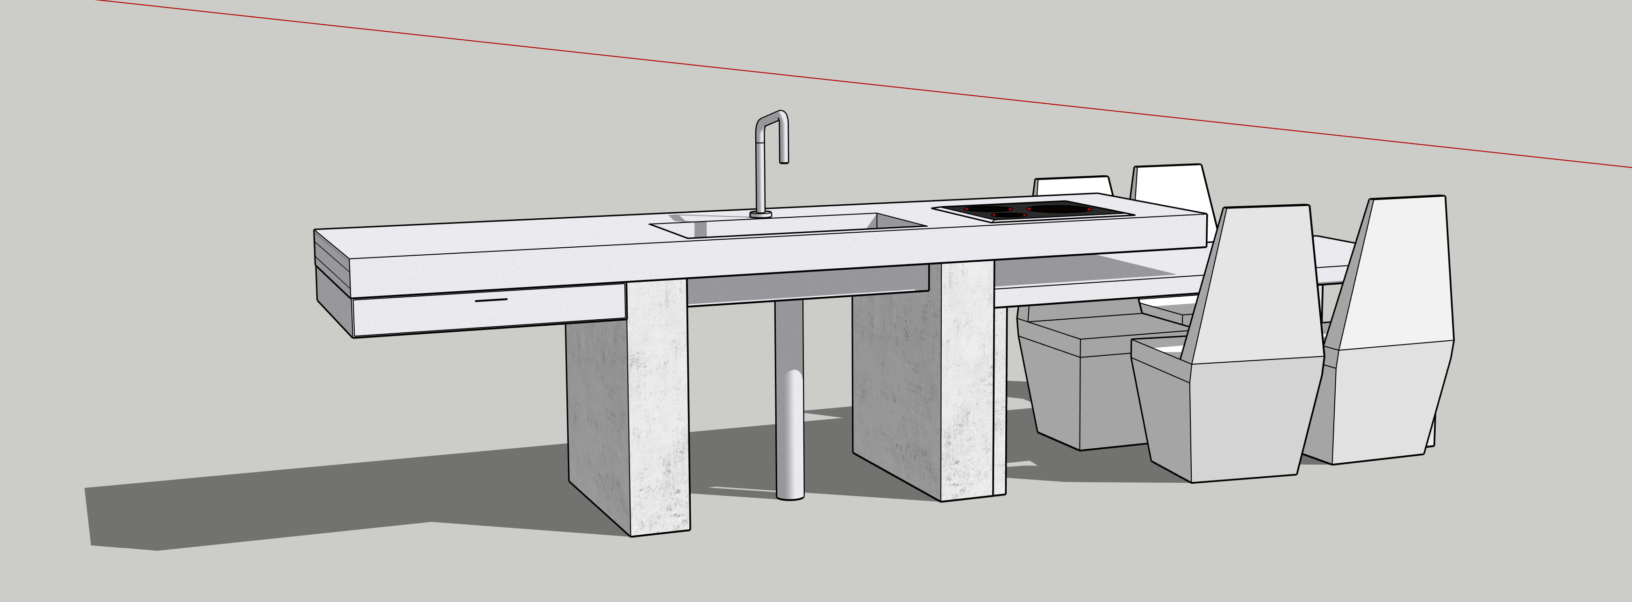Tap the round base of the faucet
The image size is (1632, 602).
tap(760, 215)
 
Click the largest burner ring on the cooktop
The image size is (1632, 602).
tap(1058, 208)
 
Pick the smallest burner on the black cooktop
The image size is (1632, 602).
tap(1009, 215)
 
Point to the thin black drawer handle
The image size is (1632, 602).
tap(491, 300)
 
